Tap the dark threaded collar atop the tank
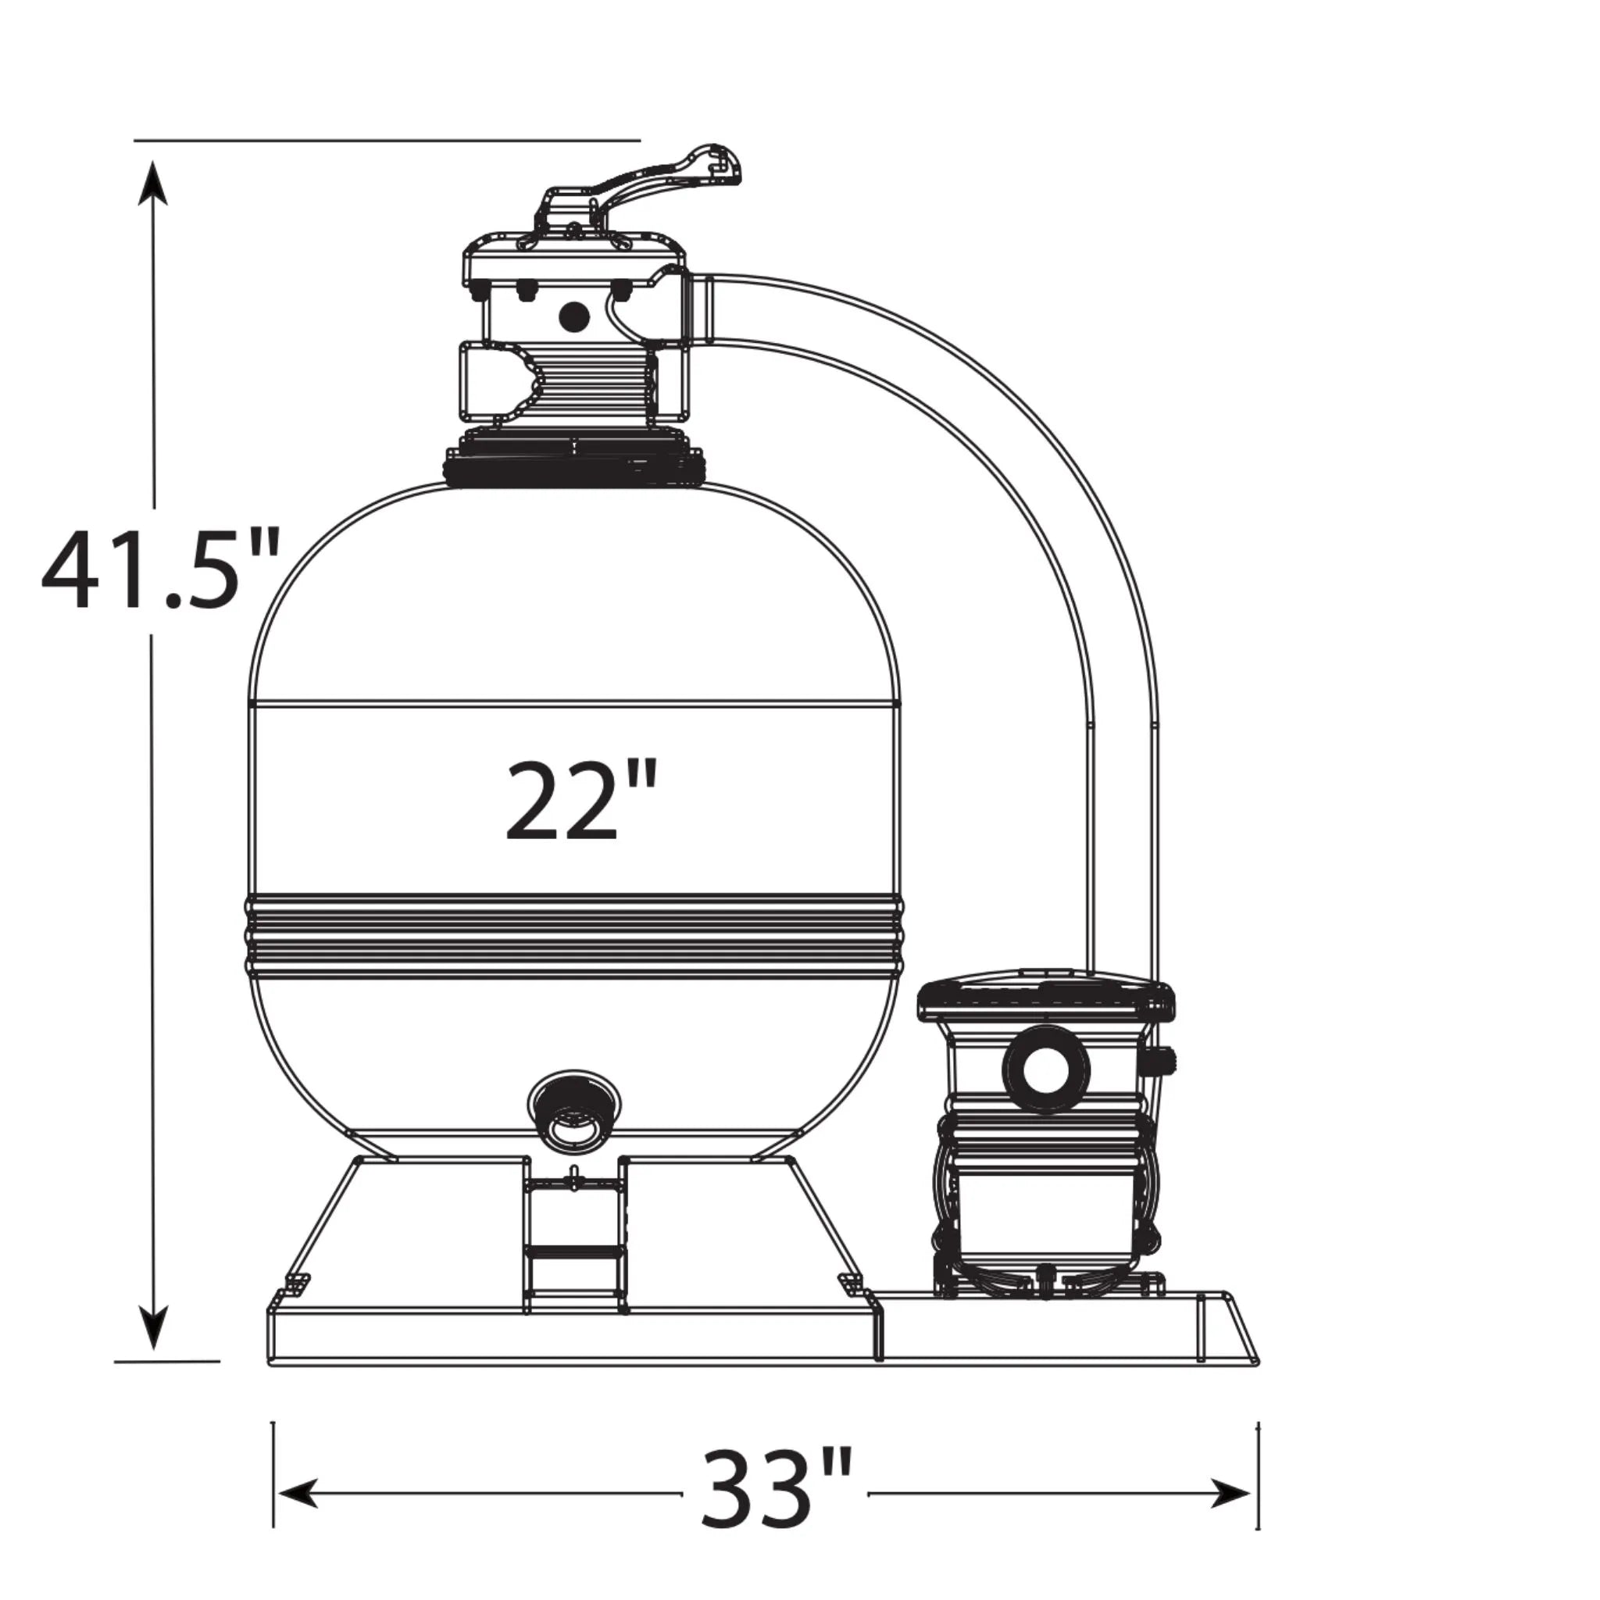[x=576, y=469]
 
